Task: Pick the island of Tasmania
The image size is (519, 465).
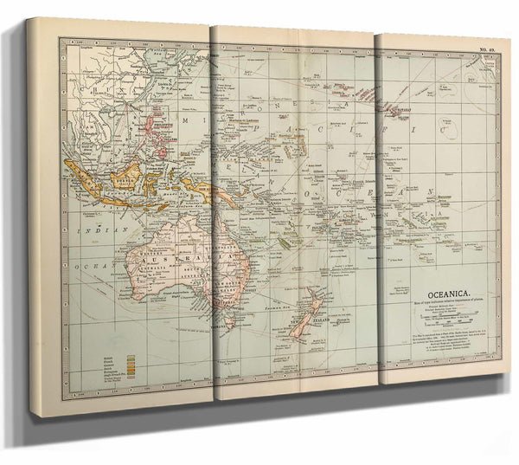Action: [x=230, y=325]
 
